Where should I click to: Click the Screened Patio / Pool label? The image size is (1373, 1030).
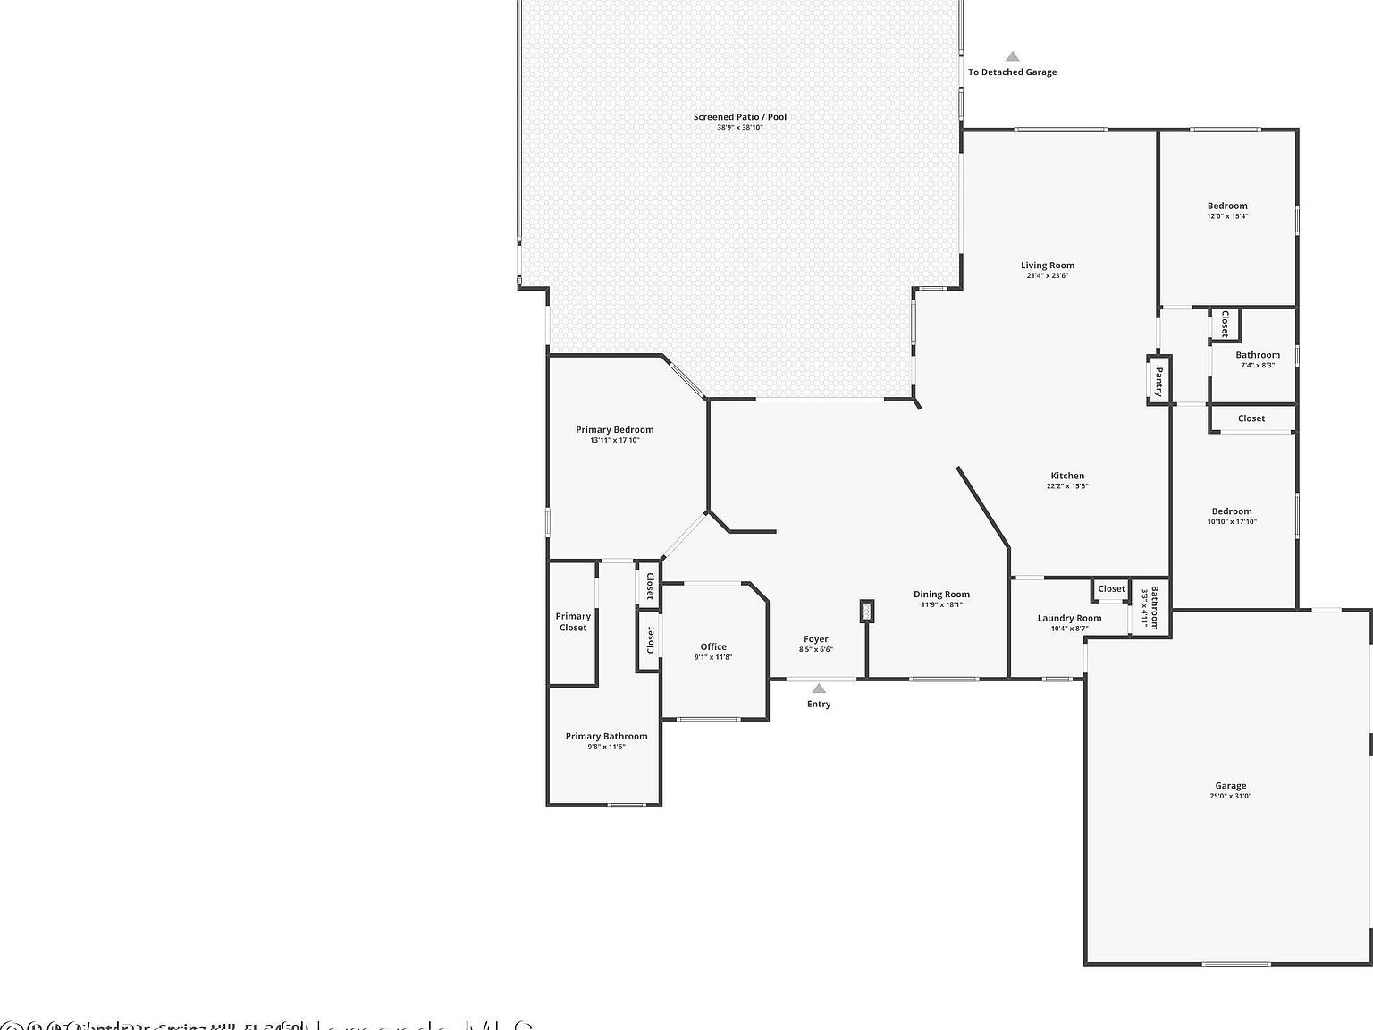739,117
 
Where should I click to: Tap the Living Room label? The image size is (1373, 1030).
1048,266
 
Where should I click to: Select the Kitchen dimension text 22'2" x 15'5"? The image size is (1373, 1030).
1067,486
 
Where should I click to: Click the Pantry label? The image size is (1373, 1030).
1158,381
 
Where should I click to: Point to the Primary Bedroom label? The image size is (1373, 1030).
614,430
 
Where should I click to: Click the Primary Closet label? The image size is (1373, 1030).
573,621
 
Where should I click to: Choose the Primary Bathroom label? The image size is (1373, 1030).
606,737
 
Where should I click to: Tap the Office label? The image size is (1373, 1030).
713,646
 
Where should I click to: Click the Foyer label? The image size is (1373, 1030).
815,639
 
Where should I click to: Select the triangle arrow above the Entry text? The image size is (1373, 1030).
819,688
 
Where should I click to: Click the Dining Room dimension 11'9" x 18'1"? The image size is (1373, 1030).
941,604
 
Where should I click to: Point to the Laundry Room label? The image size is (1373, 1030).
1069,618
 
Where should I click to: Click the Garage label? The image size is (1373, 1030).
1230,786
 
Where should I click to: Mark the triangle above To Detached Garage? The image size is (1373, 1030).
1012,56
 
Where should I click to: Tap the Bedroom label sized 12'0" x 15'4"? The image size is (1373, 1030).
1227,206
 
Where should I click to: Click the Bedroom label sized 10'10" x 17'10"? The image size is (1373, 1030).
1232,511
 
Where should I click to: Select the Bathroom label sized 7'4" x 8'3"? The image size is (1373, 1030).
1258,355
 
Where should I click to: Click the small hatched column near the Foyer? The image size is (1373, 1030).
866,611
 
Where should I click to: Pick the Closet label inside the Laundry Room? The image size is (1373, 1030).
1111,588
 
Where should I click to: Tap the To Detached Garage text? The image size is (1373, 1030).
1012,72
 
